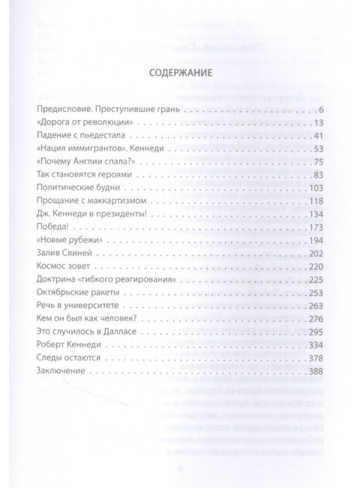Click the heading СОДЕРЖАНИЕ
(x=179, y=74)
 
